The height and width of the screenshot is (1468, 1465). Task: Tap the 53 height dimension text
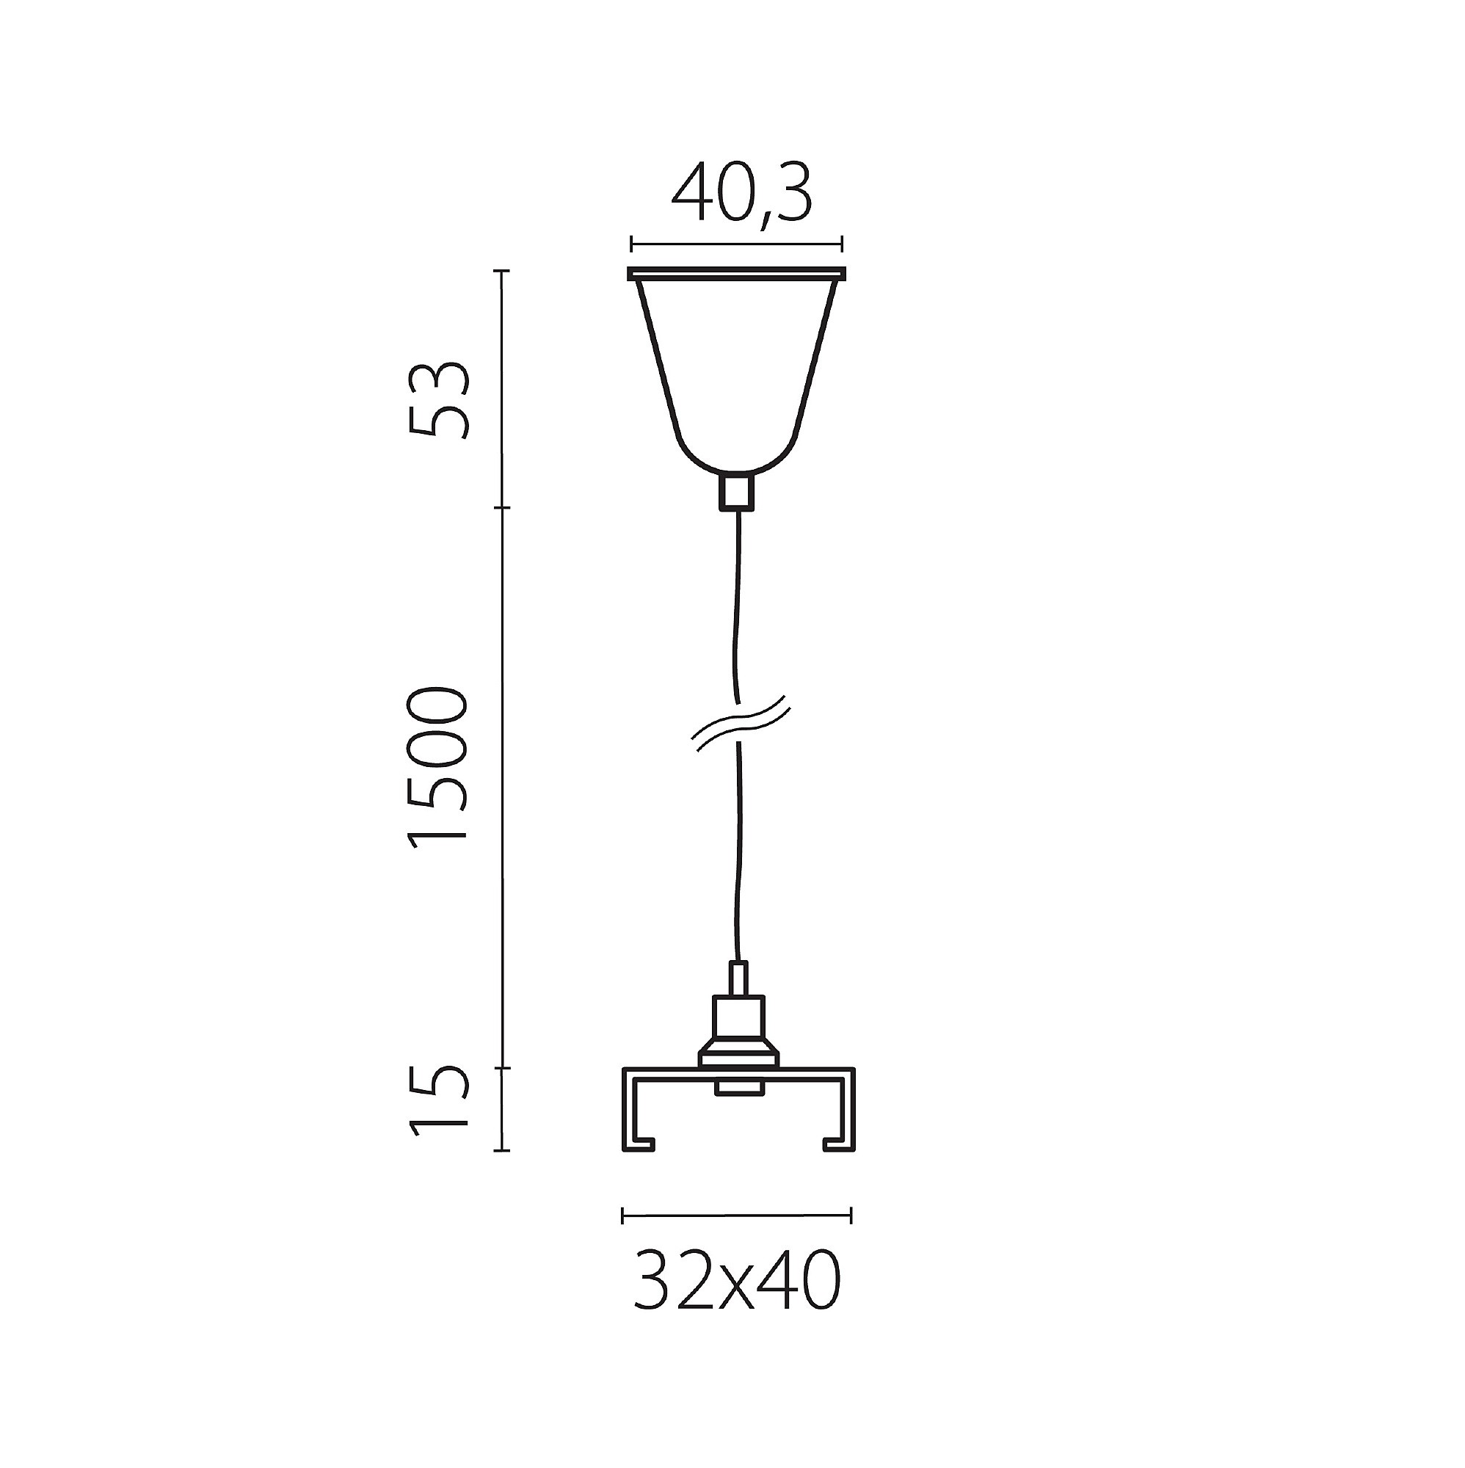point(438,400)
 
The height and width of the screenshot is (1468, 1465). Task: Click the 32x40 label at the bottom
point(737,1279)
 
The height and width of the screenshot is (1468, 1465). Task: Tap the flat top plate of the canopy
point(736,273)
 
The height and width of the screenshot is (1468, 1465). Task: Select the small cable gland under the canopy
point(736,490)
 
